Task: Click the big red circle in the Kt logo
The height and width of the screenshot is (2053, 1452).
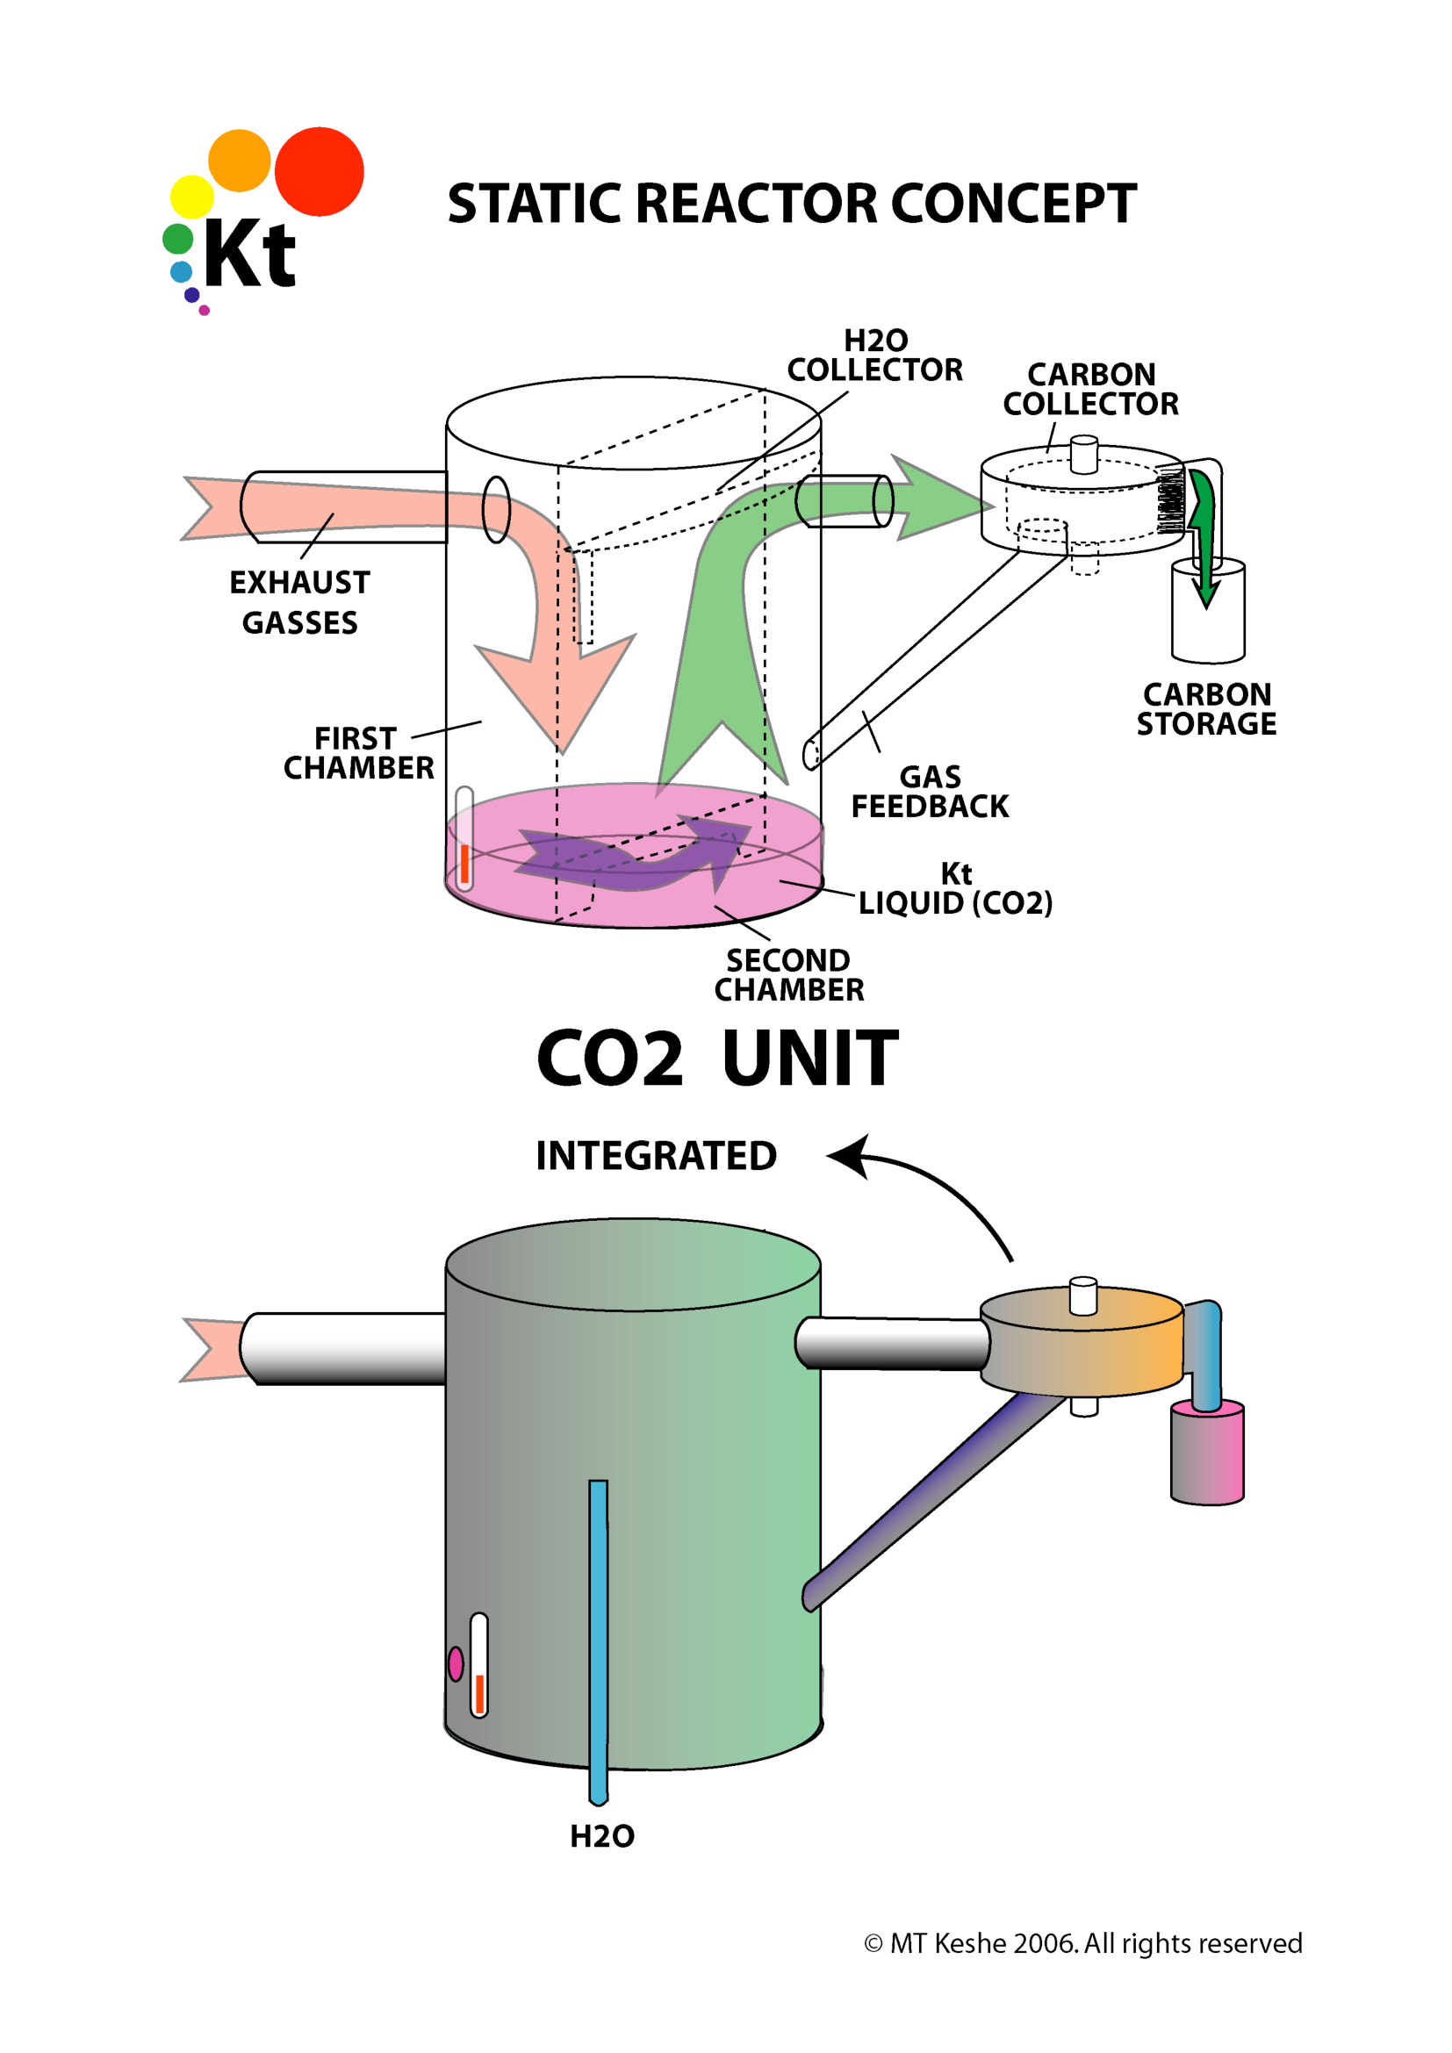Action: (x=320, y=172)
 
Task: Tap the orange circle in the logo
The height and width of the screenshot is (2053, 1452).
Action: (x=239, y=160)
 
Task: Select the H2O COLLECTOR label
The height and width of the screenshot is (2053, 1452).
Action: (x=874, y=355)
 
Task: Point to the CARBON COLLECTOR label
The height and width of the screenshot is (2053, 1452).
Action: (x=1090, y=389)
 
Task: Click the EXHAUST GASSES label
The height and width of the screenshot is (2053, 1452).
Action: (x=299, y=602)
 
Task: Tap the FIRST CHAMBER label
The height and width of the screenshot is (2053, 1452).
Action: (x=358, y=753)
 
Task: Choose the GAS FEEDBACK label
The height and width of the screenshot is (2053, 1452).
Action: (x=929, y=792)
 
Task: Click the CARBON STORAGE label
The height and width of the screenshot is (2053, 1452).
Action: (x=1206, y=709)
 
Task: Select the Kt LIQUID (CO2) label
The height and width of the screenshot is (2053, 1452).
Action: (x=955, y=889)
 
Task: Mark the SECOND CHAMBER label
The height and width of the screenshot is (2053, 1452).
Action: (x=788, y=974)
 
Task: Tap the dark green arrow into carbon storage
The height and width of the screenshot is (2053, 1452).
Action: (x=1204, y=536)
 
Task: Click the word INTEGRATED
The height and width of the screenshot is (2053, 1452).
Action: (x=656, y=1155)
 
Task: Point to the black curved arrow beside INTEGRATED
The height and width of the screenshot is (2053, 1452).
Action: (x=930, y=1181)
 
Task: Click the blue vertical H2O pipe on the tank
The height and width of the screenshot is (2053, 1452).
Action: (x=598, y=1636)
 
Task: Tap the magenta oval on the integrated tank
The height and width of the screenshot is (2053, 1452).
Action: (x=456, y=1664)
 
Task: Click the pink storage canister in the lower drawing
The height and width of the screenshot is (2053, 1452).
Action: (x=1207, y=1452)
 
